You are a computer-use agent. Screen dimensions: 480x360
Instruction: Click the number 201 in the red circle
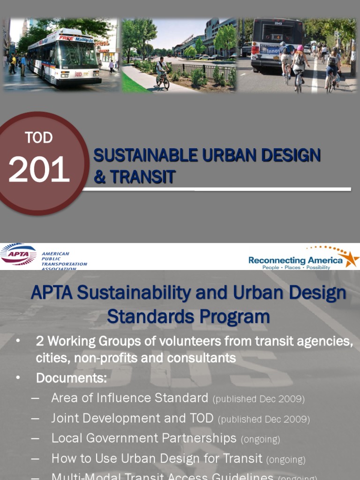[39, 170]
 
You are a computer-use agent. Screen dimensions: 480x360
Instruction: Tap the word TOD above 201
[38, 138]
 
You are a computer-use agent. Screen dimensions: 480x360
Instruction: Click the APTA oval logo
[18, 255]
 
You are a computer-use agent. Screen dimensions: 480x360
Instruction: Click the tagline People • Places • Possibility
[296, 267]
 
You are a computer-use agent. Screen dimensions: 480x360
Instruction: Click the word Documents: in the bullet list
[72, 377]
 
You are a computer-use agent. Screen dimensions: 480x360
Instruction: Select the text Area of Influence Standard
[129, 398]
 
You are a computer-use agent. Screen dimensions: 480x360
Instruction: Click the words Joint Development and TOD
[132, 418]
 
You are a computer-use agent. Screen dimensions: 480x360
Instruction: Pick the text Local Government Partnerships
[143, 438]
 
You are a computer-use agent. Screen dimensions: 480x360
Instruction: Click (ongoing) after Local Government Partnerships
[260, 439]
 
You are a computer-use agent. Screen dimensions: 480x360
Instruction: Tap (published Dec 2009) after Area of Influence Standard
[258, 399]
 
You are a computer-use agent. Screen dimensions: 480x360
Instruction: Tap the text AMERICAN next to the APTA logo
[55, 254]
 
